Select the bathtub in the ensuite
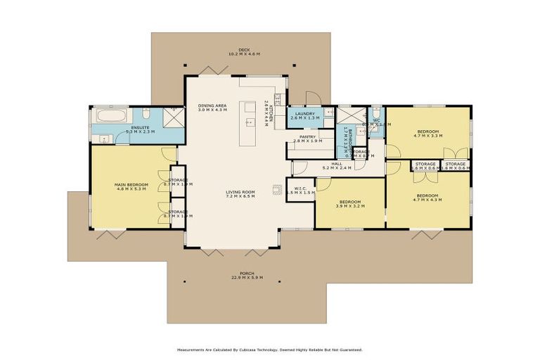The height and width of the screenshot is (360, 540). coord(110,115)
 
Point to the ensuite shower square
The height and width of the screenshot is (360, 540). coord(170,117)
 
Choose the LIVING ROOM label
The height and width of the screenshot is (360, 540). coord(240,192)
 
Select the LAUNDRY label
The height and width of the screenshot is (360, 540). coord(305,114)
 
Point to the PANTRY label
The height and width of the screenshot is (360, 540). coord(307,138)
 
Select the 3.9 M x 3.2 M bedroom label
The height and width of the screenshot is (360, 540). coord(349,202)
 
